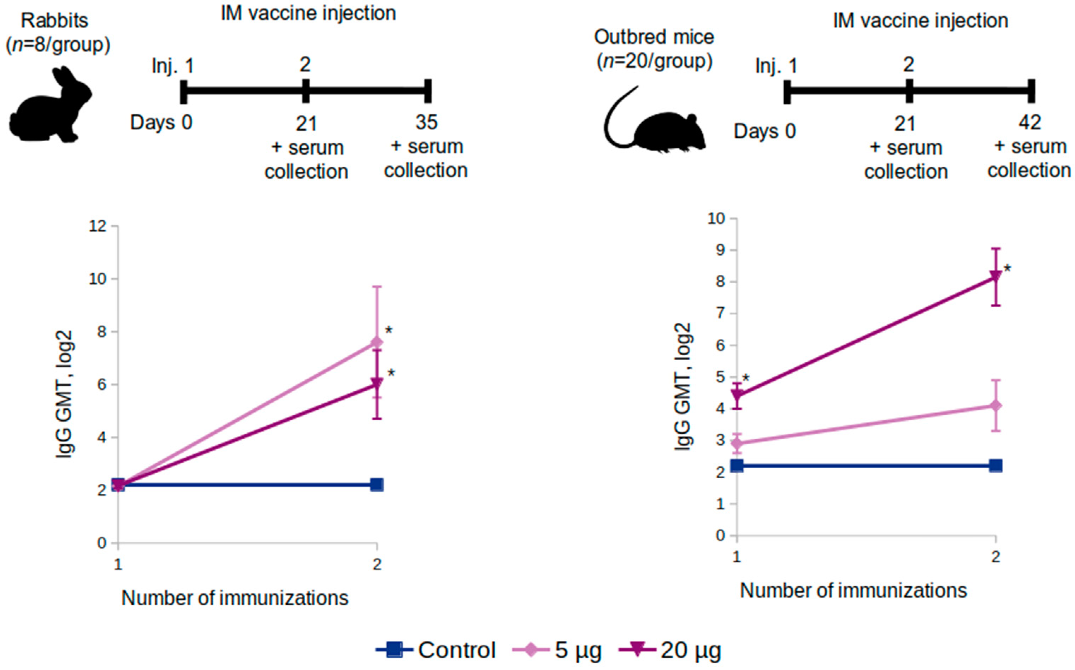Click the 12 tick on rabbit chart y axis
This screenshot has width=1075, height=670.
tap(98, 226)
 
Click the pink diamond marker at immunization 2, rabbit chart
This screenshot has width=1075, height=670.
tap(377, 342)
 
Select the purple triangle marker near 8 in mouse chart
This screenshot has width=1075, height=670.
tap(996, 277)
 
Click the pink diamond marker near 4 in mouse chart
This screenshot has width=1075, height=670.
tap(996, 405)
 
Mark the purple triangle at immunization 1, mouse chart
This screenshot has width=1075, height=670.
tap(737, 395)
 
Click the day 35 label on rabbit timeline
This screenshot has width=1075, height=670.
tap(426, 122)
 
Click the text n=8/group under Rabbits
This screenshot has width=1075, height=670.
tap(58, 45)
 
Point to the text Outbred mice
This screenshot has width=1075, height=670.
tap(654, 37)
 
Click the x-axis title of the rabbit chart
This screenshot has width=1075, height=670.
tap(235, 598)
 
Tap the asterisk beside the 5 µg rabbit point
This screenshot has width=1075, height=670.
tap(389, 331)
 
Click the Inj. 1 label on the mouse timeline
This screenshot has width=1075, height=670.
tap(776, 66)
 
